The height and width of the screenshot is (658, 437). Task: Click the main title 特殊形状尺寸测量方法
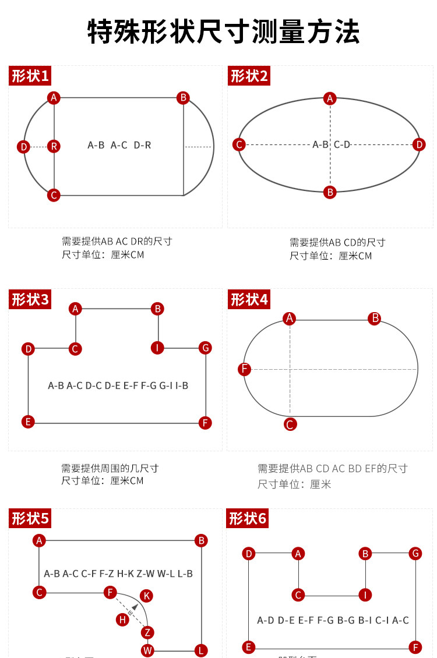click(x=224, y=31)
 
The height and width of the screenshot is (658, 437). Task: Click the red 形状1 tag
click(x=30, y=76)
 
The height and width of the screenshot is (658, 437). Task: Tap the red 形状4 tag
click(x=249, y=299)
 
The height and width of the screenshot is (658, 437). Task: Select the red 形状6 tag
click(x=248, y=518)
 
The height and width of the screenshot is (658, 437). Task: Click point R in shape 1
click(x=54, y=146)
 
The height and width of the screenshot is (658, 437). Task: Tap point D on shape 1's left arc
click(x=23, y=147)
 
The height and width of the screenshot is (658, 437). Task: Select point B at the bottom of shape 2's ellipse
click(x=330, y=192)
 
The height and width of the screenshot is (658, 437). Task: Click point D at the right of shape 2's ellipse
click(x=419, y=144)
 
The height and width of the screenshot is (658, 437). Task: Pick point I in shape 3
click(x=157, y=348)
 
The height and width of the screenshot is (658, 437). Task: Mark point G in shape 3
click(x=205, y=348)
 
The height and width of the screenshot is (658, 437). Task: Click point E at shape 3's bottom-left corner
click(x=28, y=422)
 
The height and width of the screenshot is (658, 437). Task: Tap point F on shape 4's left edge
click(x=245, y=369)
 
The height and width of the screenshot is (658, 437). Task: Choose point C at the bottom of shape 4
click(x=290, y=424)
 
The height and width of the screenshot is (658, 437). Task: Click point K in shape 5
click(x=147, y=596)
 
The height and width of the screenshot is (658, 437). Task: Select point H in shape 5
click(x=122, y=620)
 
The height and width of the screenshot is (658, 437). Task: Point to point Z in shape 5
click(x=148, y=632)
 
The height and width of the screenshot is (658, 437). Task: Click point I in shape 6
click(x=365, y=595)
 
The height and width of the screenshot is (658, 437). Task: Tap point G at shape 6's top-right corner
click(x=415, y=553)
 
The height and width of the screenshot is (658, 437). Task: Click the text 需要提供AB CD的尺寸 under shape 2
click(x=337, y=242)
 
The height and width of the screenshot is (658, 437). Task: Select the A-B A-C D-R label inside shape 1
click(x=119, y=145)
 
